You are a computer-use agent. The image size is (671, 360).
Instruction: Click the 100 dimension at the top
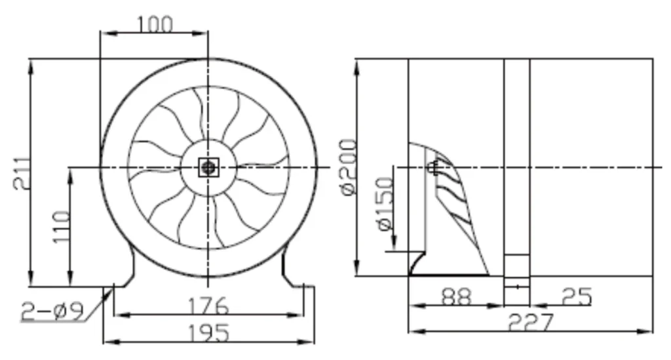point(155,24)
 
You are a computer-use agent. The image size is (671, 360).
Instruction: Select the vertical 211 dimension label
point(22,173)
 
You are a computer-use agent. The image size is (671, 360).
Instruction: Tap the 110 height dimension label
point(62,226)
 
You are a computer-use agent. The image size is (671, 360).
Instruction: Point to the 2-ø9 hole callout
point(52,311)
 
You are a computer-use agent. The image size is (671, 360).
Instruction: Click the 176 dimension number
point(209,306)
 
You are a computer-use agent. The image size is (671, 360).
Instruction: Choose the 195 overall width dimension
point(209,332)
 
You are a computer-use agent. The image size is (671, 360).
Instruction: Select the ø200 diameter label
point(349,167)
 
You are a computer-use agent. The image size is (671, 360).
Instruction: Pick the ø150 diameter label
point(385,204)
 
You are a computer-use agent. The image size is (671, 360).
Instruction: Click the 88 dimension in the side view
point(457,296)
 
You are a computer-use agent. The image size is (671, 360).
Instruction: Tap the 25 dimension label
point(577,296)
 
